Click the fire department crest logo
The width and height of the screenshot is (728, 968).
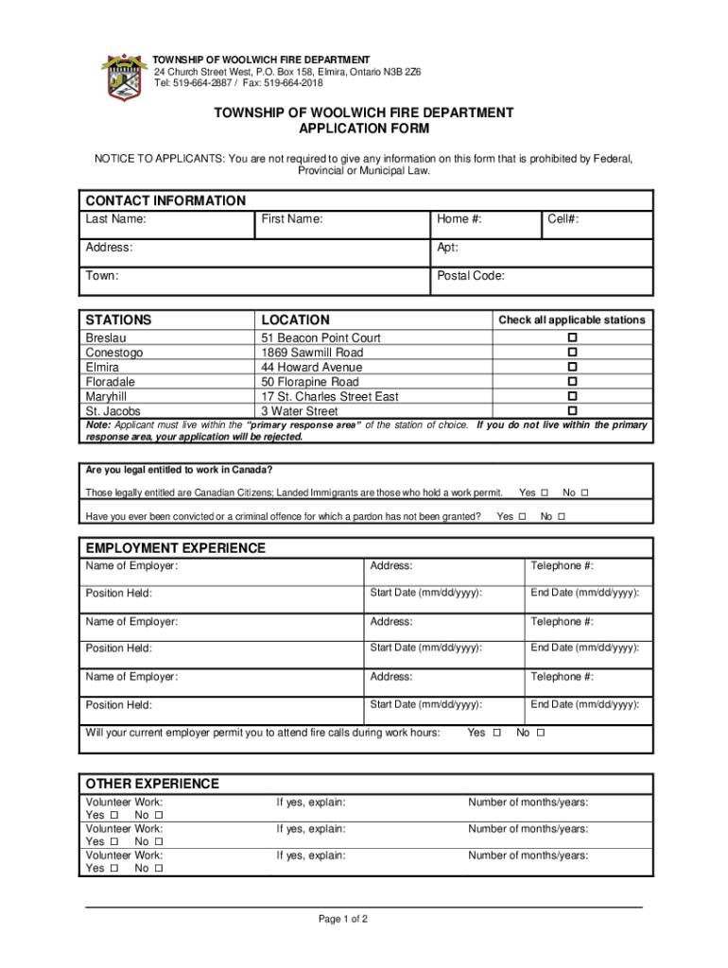124,78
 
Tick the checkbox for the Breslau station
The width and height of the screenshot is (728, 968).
571,337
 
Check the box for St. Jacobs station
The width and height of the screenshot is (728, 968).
571,411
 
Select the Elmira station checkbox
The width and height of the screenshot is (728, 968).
571,367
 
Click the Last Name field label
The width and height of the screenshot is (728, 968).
115,219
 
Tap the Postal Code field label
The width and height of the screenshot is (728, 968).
470,276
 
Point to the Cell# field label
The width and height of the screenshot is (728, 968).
563,219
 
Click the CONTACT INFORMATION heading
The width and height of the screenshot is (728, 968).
165,200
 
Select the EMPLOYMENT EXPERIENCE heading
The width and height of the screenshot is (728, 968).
176,548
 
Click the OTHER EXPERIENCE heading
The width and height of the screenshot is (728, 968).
152,784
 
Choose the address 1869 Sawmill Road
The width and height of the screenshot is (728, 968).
312,353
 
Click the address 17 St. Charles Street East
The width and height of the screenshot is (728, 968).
330,397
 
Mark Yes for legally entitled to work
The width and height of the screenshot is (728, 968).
544,493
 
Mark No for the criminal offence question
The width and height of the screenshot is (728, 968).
562,516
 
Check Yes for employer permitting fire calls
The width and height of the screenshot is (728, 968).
497,733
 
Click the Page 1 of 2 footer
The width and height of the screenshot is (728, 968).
342,919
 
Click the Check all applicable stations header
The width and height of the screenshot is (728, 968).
572,320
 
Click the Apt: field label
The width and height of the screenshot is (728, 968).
447,248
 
